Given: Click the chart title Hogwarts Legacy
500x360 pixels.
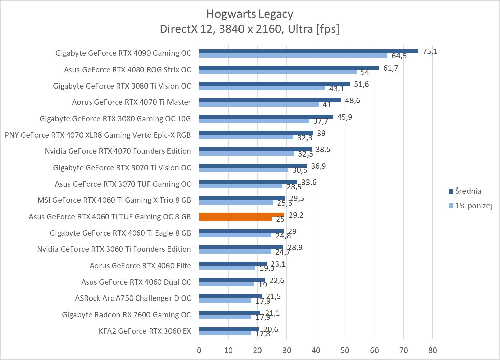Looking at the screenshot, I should pyautogui.click(x=250, y=14).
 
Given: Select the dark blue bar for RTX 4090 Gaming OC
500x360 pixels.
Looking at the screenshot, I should pyautogui.click(x=309, y=51).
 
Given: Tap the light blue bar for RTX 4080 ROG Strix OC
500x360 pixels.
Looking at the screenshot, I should pyautogui.click(x=278, y=72).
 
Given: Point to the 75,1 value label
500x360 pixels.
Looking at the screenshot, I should pyautogui.click(x=430, y=51).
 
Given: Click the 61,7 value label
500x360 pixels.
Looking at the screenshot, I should pyautogui.click(x=391, y=68).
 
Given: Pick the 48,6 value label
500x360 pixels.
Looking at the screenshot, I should pyautogui.click(x=353, y=100).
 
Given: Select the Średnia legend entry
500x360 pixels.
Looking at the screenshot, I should pyautogui.click(x=468, y=191).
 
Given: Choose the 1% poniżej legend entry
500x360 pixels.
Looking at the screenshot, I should pyautogui.click(x=473, y=205).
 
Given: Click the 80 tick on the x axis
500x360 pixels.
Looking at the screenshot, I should pyautogui.click(x=433, y=350).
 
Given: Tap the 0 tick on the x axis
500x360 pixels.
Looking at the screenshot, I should pyautogui.click(x=199, y=350).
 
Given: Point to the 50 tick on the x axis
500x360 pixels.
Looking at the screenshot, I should pyautogui.click(x=345, y=350).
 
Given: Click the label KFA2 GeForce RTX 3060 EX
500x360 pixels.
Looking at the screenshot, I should pyautogui.click(x=145, y=331).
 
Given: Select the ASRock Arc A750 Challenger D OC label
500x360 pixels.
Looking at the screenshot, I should pyautogui.click(x=133, y=298).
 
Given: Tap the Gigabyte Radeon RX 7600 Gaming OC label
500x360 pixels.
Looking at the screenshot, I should pyautogui.click(x=127, y=315).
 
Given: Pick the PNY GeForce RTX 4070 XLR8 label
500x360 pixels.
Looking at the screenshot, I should pyautogui.click(x=98, y=135).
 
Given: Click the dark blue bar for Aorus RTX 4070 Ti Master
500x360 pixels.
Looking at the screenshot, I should pyautogui.click(x=270, y=100).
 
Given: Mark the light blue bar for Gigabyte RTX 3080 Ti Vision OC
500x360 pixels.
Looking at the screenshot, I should pyautogui.click(x=262, y=88).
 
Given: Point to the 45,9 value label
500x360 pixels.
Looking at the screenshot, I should pyautogui.click(x=345, y=117).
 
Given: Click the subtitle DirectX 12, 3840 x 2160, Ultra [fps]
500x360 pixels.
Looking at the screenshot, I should pyautogui.click(x=250, y=29).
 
